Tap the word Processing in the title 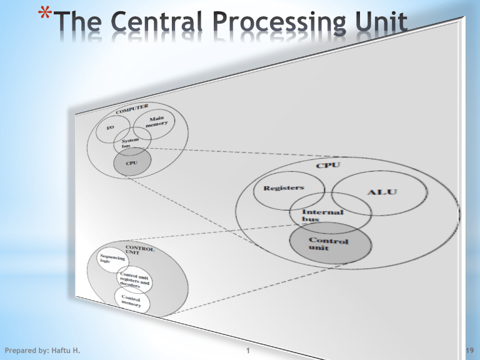pyautogui.click(x=270, y=26)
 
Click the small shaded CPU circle pyautogui.click(x=132, y=162)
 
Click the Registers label pyautogui.click(x=284, y=187)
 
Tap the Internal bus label pyautogui.click(x=327, y=216)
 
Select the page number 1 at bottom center pyautogui.click(x=249, y=351)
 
